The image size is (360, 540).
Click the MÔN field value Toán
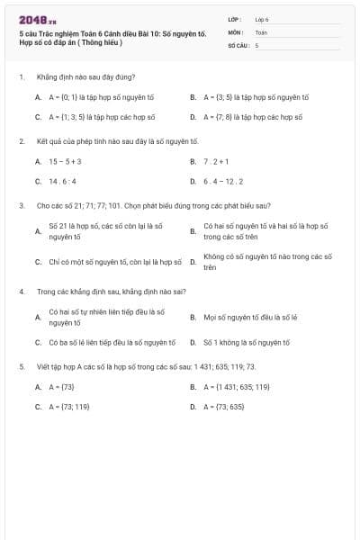(x=261, y=31)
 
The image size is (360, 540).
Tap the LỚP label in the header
(x=234, y=19)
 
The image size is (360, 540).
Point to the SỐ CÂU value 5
(x=256, y=44)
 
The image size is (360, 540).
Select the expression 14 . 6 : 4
(x=64, y=181)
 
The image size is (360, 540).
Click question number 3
(x=21, y=206)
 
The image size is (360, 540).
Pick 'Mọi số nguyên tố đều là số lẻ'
(x=248, y=317)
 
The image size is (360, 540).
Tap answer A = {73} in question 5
(x=61, y=387)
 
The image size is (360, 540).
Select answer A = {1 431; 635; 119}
(x=236, y=387)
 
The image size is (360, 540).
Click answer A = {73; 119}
(x=68, y=407)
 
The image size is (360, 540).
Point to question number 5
(x=21, y=367)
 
